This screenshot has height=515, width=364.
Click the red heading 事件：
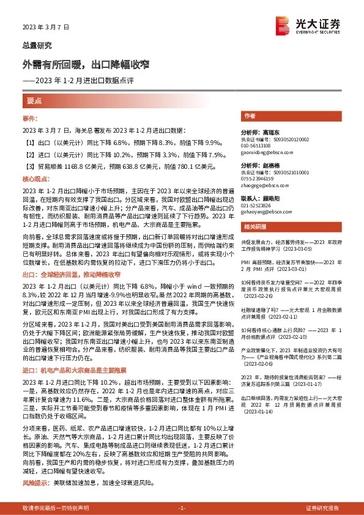[x=31, y=117]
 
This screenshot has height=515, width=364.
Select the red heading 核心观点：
[x=34, y=179]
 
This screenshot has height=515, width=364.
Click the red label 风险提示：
[x=34, y=483]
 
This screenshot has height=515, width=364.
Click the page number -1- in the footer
[x=181, y=508]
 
